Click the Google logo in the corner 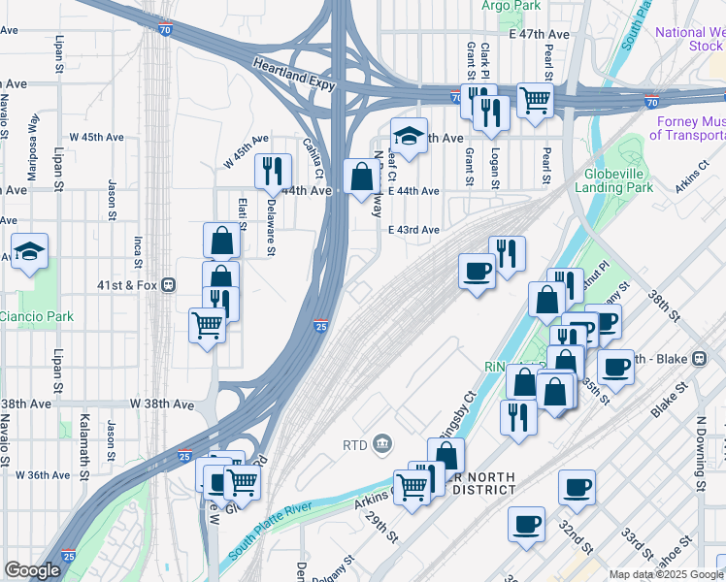click(x=32, y=570)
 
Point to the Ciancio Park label click(x=36, y=316)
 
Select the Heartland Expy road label click(x=294, y=75)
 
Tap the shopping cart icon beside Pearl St click(x=535, y=98)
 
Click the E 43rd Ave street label click(x=414, y=230)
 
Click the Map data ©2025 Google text click(x=666, y=574)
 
